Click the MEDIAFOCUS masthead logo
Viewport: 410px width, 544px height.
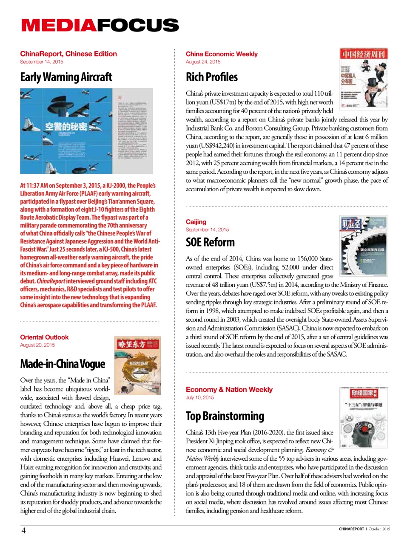(100, 25)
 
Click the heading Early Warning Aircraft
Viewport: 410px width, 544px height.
(66, 77)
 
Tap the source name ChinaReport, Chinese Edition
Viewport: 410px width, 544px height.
(68, 54)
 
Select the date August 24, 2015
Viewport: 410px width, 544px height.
(203, 62)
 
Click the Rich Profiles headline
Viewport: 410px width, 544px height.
(211, 77)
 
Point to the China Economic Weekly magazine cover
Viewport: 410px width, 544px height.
(364, 79)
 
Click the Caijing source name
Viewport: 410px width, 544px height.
(196, 222)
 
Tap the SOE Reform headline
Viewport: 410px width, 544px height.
(210, 242)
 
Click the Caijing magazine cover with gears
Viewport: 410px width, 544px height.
(364, 245)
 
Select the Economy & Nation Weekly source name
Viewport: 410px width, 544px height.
(229, 390)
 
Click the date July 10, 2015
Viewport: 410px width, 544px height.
(199, 398)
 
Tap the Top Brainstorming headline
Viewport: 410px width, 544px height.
(225, 416)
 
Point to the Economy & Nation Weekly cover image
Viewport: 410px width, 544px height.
(364, 417)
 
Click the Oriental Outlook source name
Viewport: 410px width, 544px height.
(44, 337)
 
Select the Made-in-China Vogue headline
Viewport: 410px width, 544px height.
(63, 364)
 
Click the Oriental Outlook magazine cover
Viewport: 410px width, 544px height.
(137, 366)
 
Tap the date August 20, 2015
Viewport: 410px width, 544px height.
(37, 345)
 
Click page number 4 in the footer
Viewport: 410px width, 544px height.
(23, 530)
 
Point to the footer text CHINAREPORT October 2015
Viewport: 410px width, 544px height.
(364, 529)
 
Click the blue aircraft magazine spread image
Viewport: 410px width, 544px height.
(86, 131)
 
